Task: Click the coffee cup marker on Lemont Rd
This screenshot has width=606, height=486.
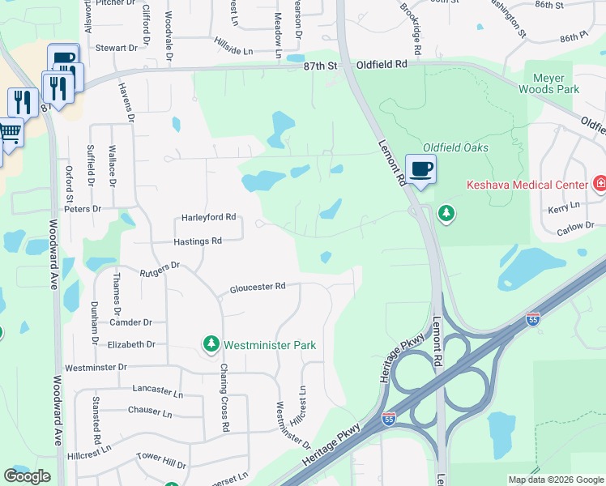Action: [420, 169]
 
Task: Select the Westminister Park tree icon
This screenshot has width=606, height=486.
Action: [211, 344]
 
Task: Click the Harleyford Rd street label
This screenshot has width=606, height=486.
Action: [208, 217]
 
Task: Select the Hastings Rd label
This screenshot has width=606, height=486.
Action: [198, 241]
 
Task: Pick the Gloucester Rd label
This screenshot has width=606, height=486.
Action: [258, 287]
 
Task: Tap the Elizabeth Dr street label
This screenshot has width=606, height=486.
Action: [131, 344]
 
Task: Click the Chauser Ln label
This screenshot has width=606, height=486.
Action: [150, 411]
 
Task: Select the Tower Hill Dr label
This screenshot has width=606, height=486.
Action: [161, 459]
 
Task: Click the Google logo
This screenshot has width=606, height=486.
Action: [27, 476]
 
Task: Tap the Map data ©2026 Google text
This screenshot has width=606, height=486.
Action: [555, 480]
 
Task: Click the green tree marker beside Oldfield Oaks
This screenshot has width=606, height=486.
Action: [445, 214]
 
